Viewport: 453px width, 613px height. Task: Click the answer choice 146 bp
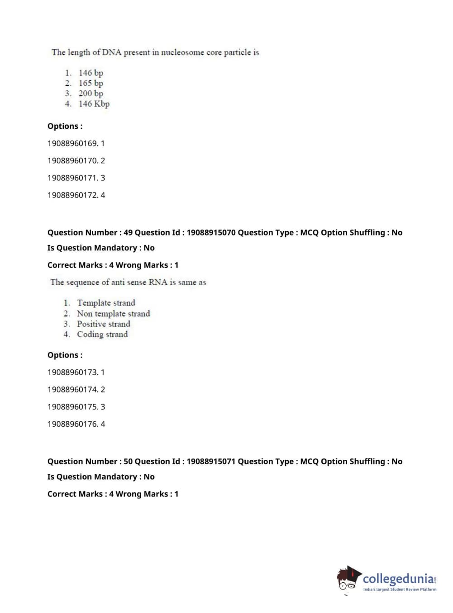tap(91, 73)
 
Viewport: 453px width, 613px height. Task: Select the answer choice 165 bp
tap(91, 83)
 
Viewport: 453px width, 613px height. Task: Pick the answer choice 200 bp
tap(91, 94)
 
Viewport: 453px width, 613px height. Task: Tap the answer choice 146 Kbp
tap(94, 104)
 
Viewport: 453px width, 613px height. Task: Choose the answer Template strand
tap(106, 303)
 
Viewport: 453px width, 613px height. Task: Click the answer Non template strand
tap(113, 314)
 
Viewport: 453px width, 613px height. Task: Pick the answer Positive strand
tap(103, 324)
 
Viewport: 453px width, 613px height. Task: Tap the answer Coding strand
tap(102, 335)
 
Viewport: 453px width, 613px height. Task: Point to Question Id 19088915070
tap(211, 233)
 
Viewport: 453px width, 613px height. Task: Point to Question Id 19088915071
tap(211, 462)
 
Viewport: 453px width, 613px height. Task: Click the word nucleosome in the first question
tap(182, 52)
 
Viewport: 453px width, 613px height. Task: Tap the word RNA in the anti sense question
tap(158, 283)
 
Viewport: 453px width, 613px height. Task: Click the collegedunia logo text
tap(398, 579)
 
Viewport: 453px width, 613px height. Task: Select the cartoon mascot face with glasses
tap(348, 580)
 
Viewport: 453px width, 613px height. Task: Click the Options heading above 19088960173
tap(65, 355)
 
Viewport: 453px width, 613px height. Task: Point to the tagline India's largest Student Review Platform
tap(400, 589)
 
